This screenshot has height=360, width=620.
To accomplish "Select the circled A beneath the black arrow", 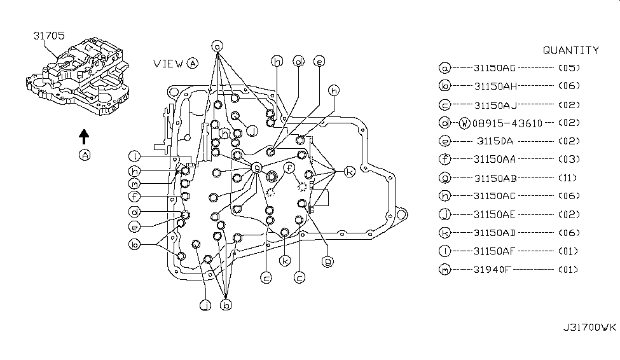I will (83, 154).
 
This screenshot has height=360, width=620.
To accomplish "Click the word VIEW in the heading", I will (169, 63).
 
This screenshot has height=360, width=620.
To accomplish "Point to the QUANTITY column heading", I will (570, 50).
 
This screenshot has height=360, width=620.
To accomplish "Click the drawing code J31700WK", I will (590, 328).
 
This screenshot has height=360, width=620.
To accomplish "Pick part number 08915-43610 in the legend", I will (507, 123).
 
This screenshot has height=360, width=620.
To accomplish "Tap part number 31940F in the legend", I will (492, 270).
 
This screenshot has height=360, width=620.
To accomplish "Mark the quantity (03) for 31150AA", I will (568, 160).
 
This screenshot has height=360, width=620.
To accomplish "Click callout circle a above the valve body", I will (217, 46).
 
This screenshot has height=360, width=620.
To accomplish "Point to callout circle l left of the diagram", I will (134, 156).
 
